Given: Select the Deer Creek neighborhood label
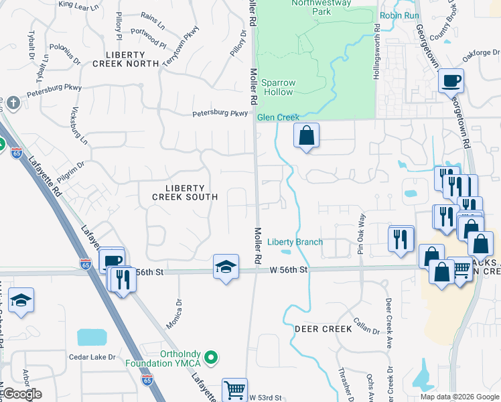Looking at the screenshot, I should pos(323,329).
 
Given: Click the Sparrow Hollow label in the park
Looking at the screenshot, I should pos(277,87).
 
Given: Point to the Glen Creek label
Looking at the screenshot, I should pos(278,118).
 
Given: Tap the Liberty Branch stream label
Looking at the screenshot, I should pos(295,242).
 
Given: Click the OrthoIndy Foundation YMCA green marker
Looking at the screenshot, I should pos(212,358).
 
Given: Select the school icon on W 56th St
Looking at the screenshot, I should pos(226,267).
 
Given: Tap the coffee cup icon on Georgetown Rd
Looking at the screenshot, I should pos(451,80).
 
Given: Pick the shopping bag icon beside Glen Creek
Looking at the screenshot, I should pos(306,135).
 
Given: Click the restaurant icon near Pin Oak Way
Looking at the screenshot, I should pos(401,238).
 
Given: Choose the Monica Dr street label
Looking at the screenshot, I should pos(179,310).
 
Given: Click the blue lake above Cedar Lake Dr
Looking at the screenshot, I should pos(91,337).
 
